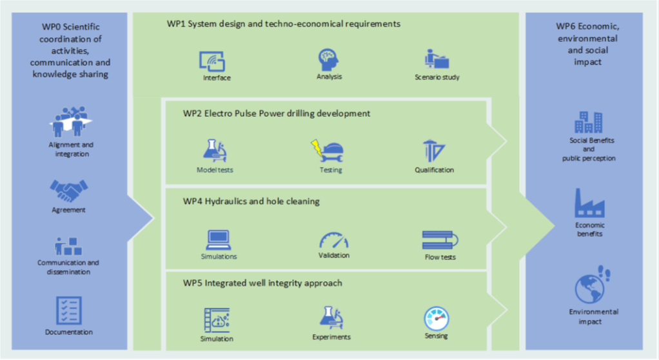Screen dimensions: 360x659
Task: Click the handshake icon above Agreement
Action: (69, 190)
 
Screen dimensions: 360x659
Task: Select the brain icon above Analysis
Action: (329, 60)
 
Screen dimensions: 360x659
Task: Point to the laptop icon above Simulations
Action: (218, 239)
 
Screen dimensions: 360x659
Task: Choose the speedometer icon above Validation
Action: (333, 240)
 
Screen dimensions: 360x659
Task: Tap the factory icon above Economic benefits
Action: (589, 203)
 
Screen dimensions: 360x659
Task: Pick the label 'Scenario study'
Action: (437, 78)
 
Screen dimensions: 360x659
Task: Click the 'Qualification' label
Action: (434, 170)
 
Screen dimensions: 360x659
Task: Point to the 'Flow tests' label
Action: (440, 257)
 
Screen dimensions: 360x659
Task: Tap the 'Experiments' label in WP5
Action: (331, 337)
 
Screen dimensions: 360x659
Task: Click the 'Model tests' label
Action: (215, 170)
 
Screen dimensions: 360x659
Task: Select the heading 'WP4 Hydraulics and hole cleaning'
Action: (251, 201)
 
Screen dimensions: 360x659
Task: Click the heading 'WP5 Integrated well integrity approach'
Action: (262, 283)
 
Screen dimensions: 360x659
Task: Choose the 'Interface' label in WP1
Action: (217, 78)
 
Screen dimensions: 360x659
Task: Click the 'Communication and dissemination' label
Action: (68, 267)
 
